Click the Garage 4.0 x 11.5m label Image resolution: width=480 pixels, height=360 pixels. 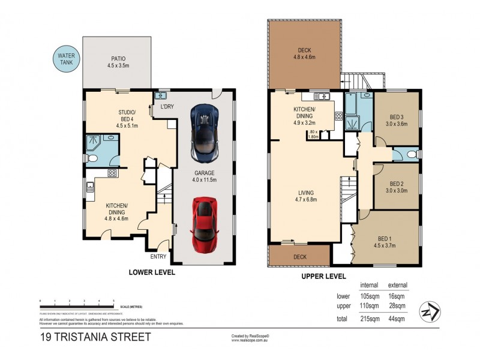pyautogui.click(x=203, y=175)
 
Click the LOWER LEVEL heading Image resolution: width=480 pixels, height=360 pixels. pyautogui.click(x=152, y=272)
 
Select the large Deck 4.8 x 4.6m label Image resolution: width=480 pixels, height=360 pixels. pyautogui.click(x=304, y=54)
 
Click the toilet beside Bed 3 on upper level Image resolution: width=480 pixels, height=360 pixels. pyautogui.click(x=410, y=155)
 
